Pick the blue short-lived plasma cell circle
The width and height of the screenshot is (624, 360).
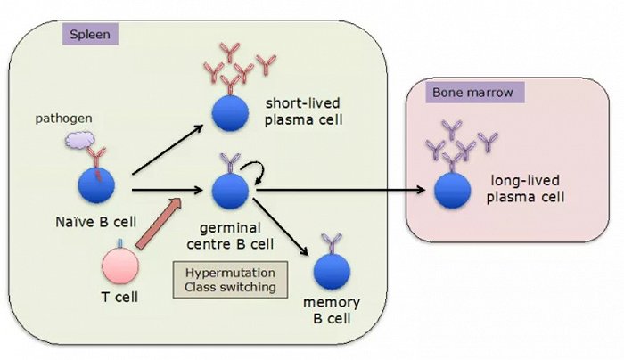pos(229,113)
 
